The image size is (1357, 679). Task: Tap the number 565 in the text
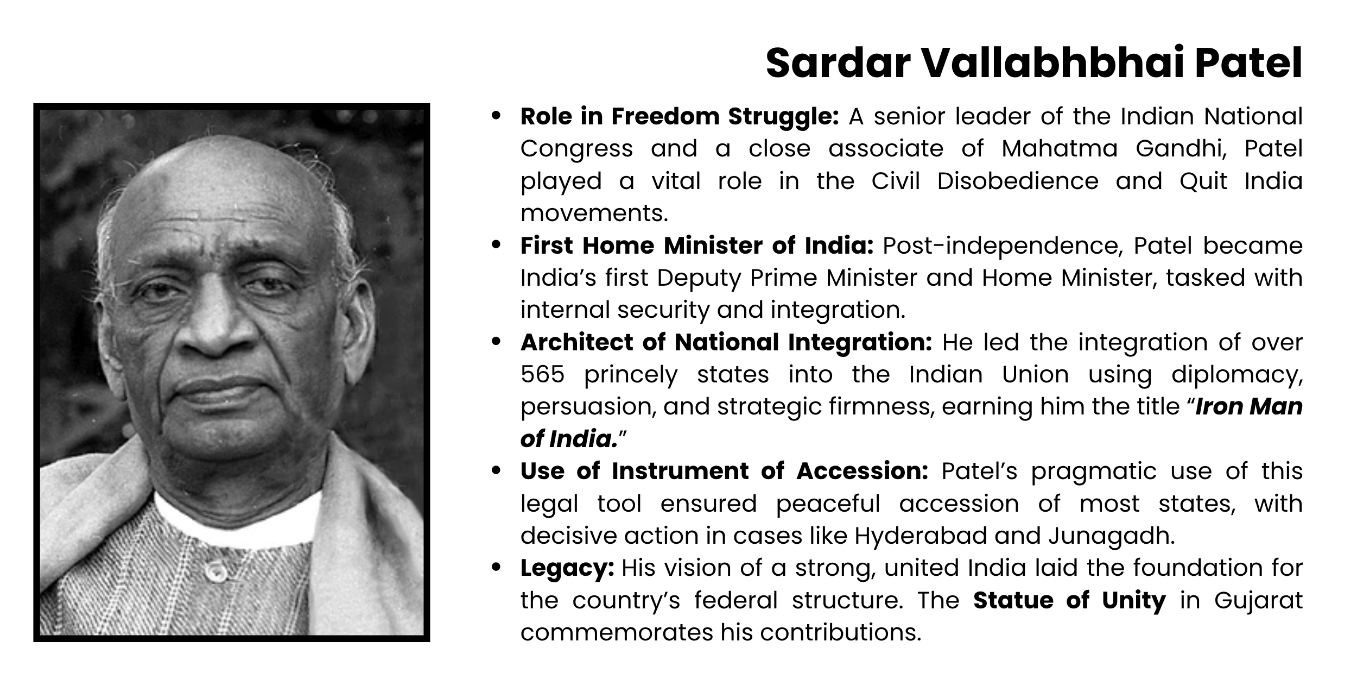pyautogui.click(x=543, y=375)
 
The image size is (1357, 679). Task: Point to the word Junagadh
pyautogui.click(x=1111, y=536)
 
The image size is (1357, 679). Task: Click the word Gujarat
pyautogui.click(x=1258, y=601)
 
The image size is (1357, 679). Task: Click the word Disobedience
pyautogui.click(x=1018, y=181)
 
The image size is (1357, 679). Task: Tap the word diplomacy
pyautogui.click(x=1236, y=375)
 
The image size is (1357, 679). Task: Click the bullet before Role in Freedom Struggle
pyautogui.click(x=495, y=116)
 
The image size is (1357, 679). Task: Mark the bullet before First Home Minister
pyautogui.click(x=495, y=246)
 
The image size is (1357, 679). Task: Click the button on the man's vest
pyautogui.click(x=217, y=571)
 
